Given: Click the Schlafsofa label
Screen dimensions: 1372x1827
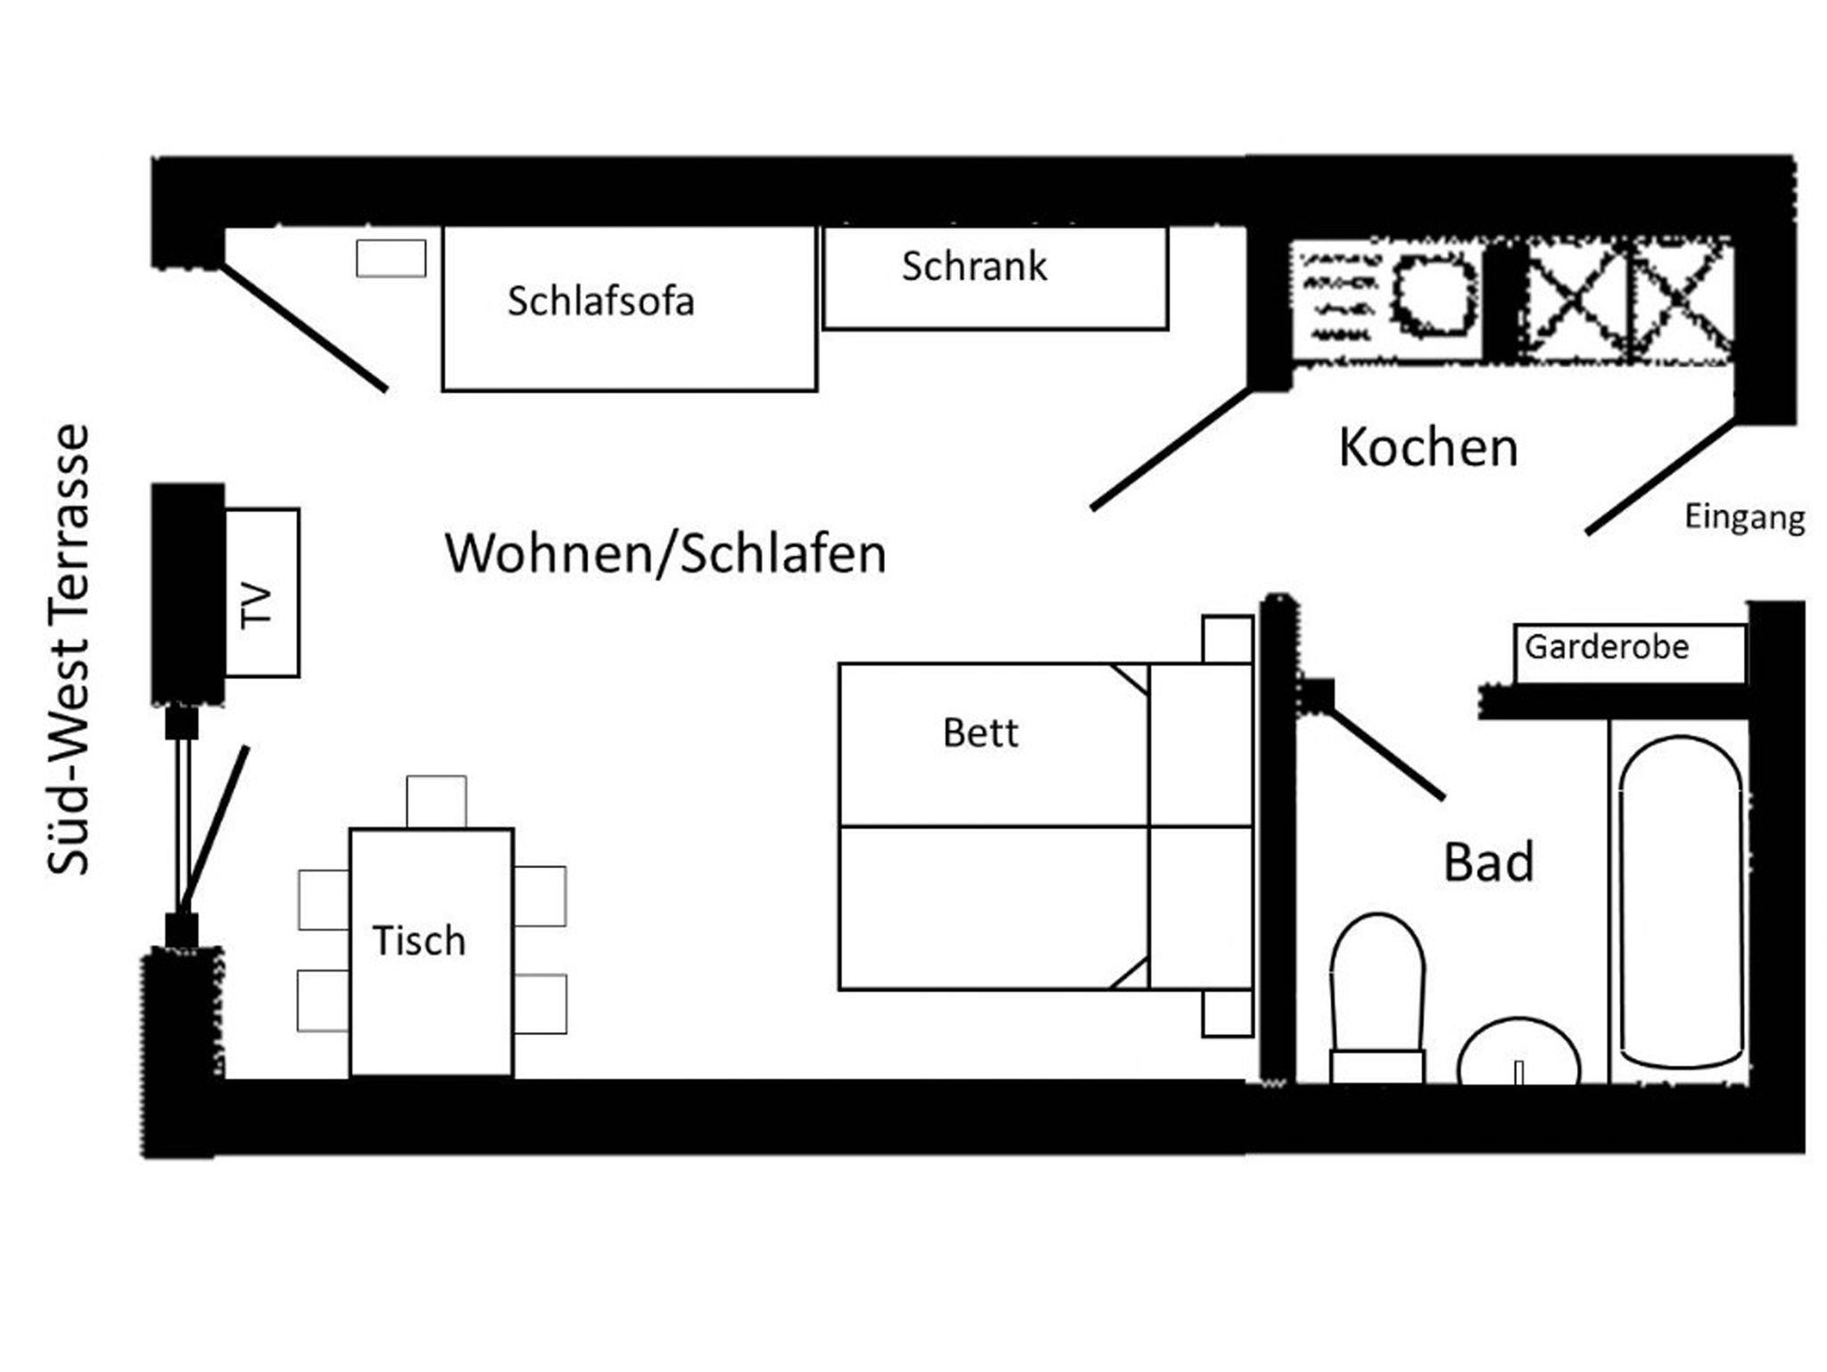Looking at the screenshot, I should (x=600, y=302).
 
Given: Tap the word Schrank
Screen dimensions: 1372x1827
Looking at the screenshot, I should (x=974, y=267).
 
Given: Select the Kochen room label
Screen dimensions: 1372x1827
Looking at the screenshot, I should (x=1428, y=448).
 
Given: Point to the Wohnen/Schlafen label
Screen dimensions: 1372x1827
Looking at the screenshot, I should (x=665, y=554).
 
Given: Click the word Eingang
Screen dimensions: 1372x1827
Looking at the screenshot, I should (x=1744, y=517).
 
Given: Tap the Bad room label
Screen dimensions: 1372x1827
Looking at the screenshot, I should (x=1488, y=863).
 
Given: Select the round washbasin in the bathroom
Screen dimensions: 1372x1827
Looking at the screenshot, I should (x=1518, y=1053).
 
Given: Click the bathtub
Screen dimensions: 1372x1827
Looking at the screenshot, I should (x=1680, y=901).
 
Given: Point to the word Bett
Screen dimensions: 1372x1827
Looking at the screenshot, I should (x=980, y=733).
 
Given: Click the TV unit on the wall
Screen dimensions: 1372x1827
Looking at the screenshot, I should (x=260, y=593).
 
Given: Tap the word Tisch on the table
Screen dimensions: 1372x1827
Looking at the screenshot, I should (x=418, y=941).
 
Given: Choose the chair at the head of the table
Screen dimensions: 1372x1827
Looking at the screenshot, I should (x=436, y=801).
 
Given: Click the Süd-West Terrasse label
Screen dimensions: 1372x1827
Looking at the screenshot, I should (x=69, y=649).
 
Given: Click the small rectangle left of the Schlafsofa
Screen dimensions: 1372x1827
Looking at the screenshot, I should (x=391, y=259).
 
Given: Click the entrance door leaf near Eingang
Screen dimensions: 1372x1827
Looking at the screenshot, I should (x=1660, y=477).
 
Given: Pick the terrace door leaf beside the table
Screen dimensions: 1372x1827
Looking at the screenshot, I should (x=215, y=825).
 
